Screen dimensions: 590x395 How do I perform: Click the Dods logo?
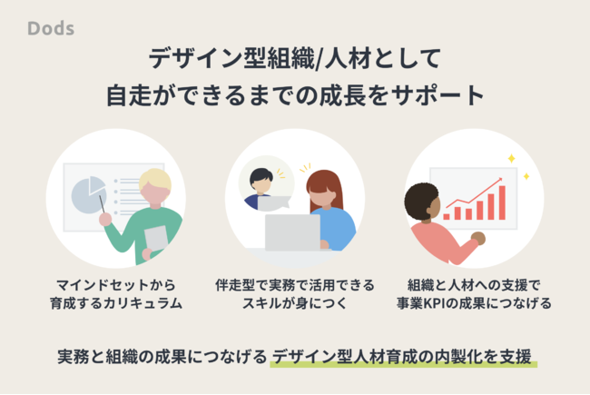pyautogui.click(x=51, y=29)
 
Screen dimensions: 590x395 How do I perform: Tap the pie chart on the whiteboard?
pyautogui.click(x=88, y=195)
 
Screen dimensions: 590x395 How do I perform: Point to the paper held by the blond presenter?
pyautogui.click(x=156, y=238)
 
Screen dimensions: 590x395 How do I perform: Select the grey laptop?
pyautogui.click(x=293, y=232)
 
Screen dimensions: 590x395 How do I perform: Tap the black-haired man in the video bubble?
pyautogui.click(x=261, y=188)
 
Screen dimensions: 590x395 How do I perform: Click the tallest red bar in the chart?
pyautogui.click(x=502, y=202)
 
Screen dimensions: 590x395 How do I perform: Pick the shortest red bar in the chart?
pyautogui.click(x=447, y=216)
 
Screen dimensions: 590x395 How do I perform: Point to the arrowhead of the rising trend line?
pyautogui.click(x=500, y=179)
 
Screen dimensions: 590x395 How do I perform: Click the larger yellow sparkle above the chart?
pyautogui.click(x=511, y=159)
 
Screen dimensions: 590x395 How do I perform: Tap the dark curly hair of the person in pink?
pyautogui.click(x=420, y=201)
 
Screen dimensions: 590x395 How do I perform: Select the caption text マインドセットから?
pyautogui.click(x=116, y=285)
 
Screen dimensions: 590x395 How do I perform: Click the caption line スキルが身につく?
pyautogui.click(x=294, y=303)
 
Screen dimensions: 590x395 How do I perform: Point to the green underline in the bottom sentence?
pyautogui.click(x=403, y=364)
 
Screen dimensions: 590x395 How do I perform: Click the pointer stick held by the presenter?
pyautogui.click(x=102, y=204)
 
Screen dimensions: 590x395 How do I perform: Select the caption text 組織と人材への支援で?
pyautogui.click(x=474, y=285)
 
